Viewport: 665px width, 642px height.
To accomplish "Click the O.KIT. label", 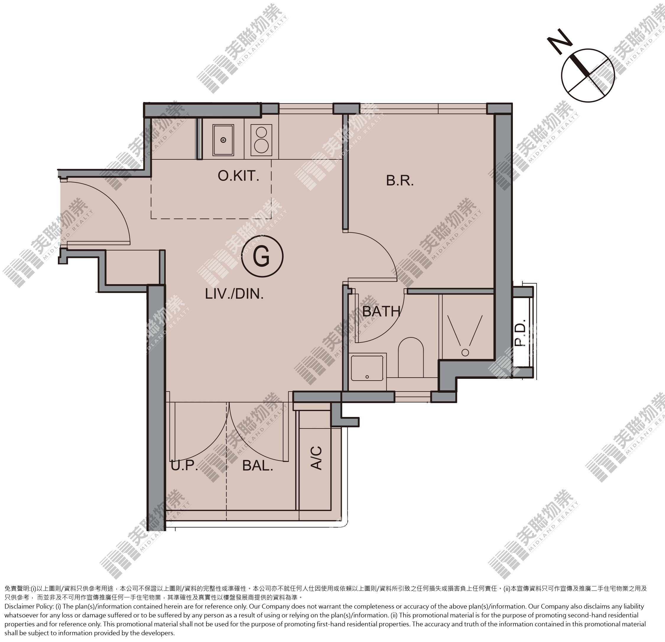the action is [238, 176].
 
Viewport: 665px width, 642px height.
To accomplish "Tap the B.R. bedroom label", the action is [400, 180].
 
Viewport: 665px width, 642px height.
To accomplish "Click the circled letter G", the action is [262, 256].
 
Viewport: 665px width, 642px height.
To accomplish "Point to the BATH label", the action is [381, 311].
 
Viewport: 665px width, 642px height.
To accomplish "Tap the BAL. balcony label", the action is [258, 465].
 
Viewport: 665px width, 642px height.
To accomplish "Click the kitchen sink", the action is [223, 140].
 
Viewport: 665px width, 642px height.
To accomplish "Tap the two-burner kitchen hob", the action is [261, 140].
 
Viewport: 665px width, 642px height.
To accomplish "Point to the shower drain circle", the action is [465, 352].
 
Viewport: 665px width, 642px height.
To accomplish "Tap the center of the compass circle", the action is [588, 75].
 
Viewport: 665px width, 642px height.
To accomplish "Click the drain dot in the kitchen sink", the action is [223, 140].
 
